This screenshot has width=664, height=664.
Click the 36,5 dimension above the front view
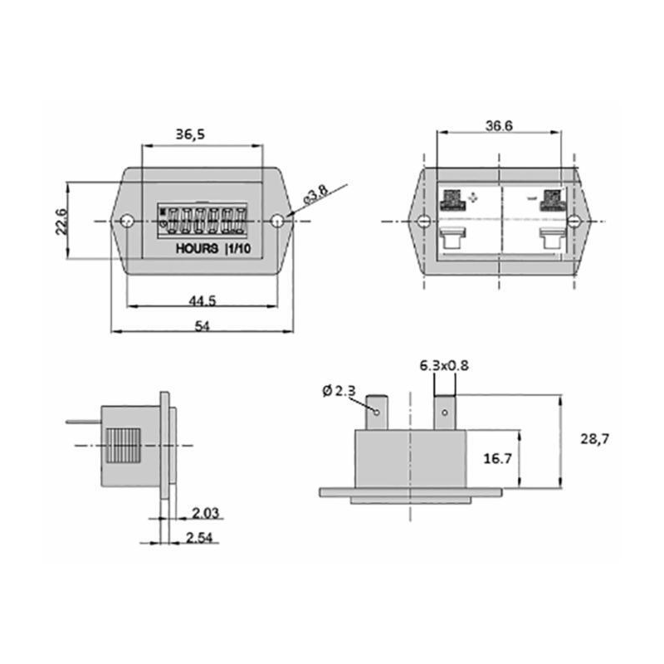coord(192,134)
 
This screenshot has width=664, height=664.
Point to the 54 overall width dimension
coord(201,326)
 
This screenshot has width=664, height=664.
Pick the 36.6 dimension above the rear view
coord(498,125)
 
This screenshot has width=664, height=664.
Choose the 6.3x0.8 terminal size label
coord(444,365)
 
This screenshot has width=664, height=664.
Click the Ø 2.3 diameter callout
coord(339,390)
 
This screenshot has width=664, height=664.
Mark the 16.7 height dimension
coord(498,458)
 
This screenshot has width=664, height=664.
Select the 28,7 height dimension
coord(594,439)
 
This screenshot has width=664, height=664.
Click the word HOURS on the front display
coord(197,249)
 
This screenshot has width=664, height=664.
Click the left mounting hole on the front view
coord(127,222)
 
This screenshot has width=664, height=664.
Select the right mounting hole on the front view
coord(277,221)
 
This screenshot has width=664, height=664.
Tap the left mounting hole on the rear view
coord(423,222)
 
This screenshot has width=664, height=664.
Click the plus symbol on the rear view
coord(473,198)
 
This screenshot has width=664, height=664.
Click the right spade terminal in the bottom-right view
coord(445,412)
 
